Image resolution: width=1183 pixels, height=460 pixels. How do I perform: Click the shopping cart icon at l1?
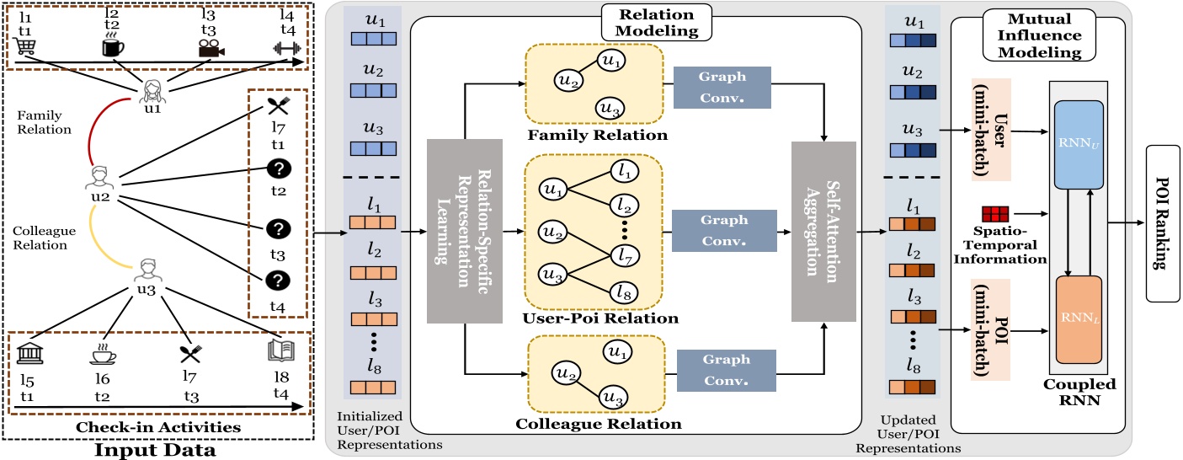click(x=25, y=48)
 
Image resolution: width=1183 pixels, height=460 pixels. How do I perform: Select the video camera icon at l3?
click(x=206, y=49)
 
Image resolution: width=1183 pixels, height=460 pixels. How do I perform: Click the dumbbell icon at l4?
click(x=286, y=49)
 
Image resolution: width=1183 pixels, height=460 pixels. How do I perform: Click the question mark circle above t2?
click(x=278, y=170)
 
